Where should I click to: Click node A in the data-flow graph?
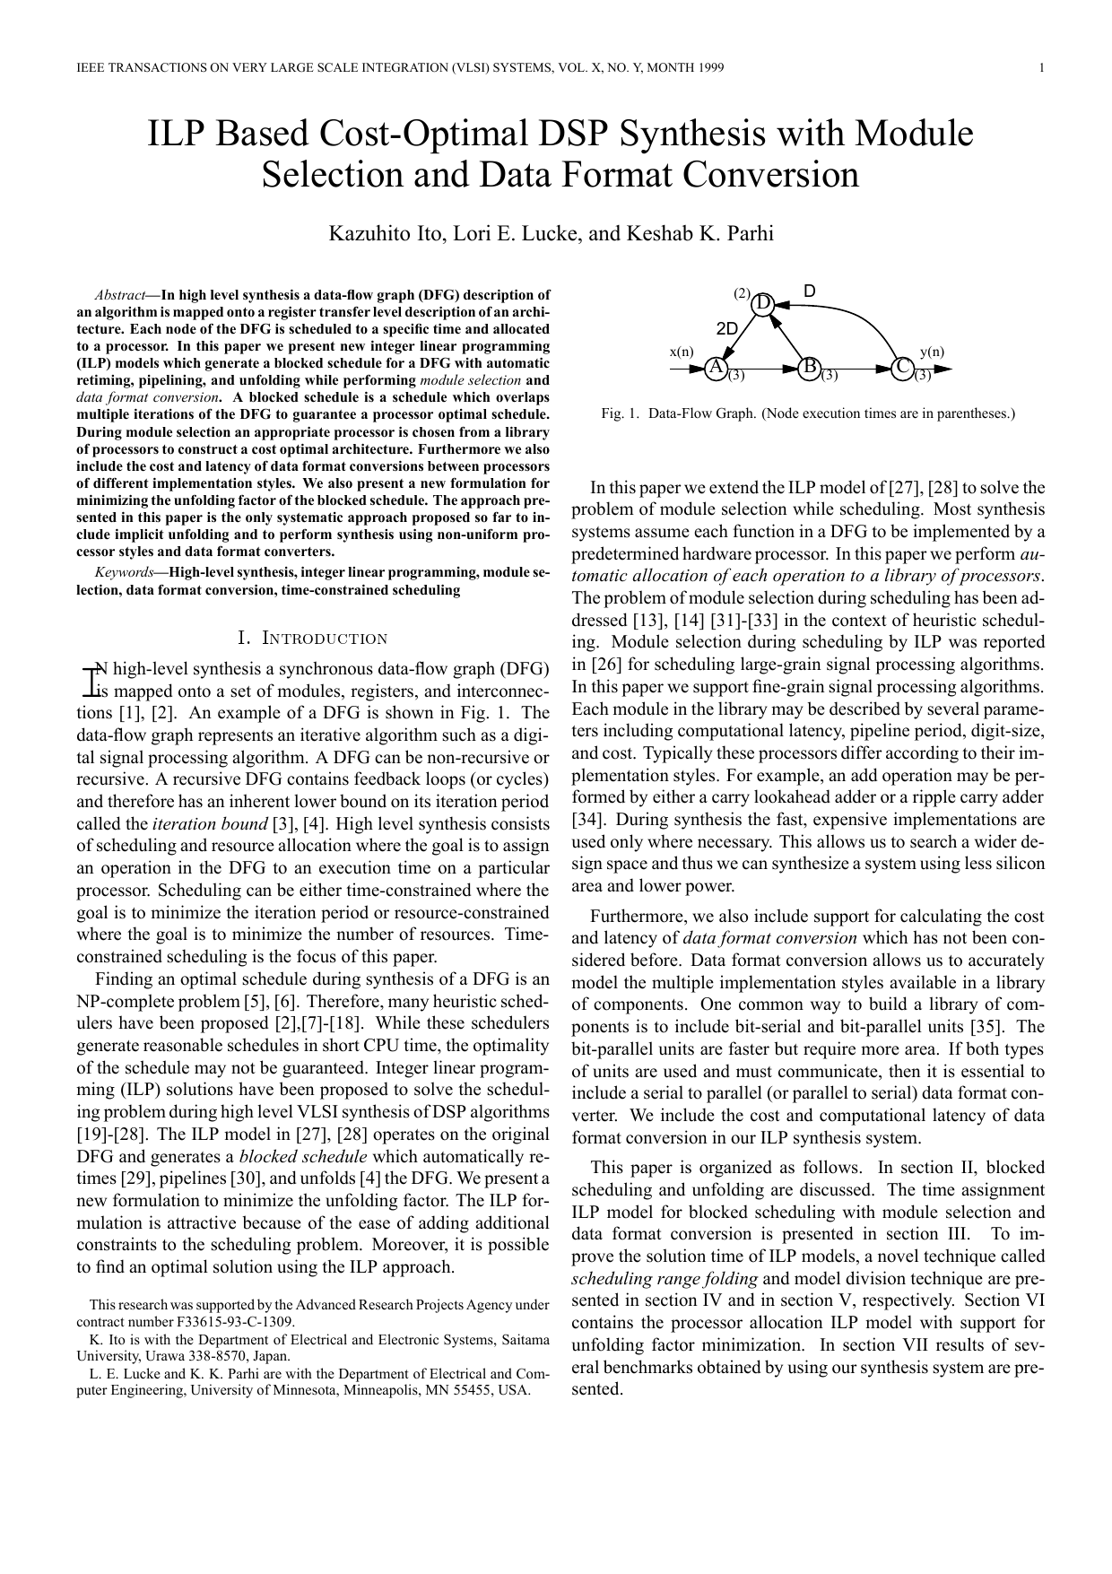[x=715, y=368]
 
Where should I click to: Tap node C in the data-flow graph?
[x=902, y=368]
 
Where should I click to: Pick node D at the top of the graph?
[x=763, y=305]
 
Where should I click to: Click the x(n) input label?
[x=682, y=352]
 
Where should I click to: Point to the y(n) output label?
[x=932, y=352]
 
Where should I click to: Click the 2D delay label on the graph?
[x=726, y=328]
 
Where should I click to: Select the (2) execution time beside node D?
[x=742, y=293]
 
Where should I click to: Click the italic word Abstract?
[x=119, y=295]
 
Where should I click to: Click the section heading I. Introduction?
[x=313, y=639]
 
